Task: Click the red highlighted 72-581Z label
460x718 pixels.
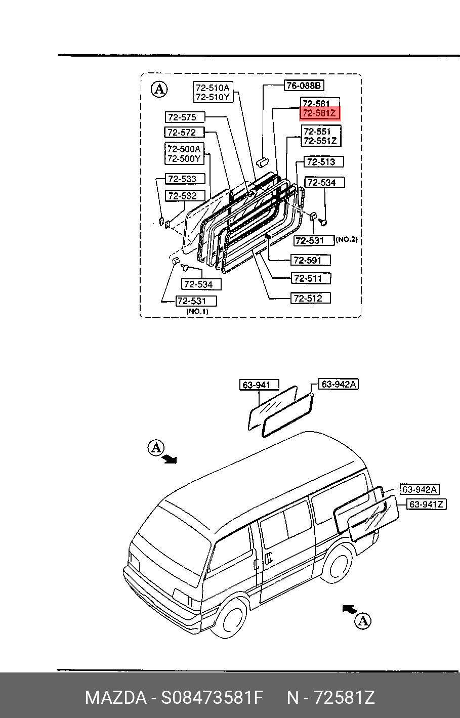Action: (x=320, y=114)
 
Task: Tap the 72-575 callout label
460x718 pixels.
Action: (x=185, y=117)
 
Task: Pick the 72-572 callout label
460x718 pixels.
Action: (x=185, y=133)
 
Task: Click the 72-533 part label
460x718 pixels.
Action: (x=185, y=179)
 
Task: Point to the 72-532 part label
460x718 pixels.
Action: (x=185, y=195)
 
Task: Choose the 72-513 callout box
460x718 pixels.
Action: (x=324, y=162)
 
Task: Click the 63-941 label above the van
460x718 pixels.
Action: (x=259, y=385)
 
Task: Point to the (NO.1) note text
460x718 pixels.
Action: (x=197, y=311)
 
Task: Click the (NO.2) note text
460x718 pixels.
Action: (x=347, y=240)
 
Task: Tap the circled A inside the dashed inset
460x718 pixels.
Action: (x=159, y=90)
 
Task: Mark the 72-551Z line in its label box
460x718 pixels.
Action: (x=320, y=141)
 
